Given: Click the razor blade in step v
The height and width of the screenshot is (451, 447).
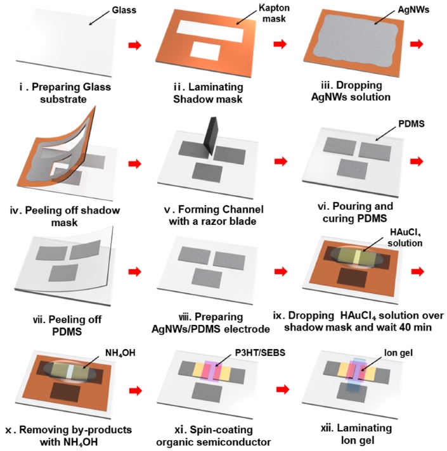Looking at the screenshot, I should (207, 140).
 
